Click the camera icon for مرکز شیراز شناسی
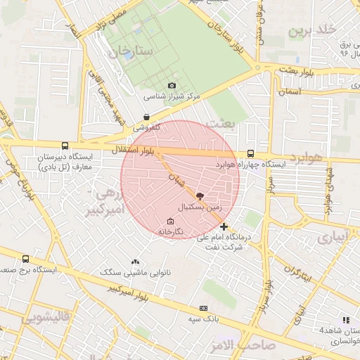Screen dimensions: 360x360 tap(172, 86)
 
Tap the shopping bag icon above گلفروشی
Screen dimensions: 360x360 tap(146, 117)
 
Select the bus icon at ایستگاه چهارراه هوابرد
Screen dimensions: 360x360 tap(251, 153)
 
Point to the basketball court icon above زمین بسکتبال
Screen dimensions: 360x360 tap(200, 196)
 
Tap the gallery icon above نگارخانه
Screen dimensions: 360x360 tap(169, 221)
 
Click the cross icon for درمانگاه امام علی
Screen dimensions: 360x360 tap(224, 226)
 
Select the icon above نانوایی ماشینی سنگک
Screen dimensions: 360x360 tap(135, 261)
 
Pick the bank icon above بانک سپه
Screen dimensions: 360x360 tap(204, 307)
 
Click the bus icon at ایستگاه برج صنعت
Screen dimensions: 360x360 tap(26, 259)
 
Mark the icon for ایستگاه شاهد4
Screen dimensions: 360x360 tap(345, 320)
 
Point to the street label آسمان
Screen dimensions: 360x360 tap(289, 92)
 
